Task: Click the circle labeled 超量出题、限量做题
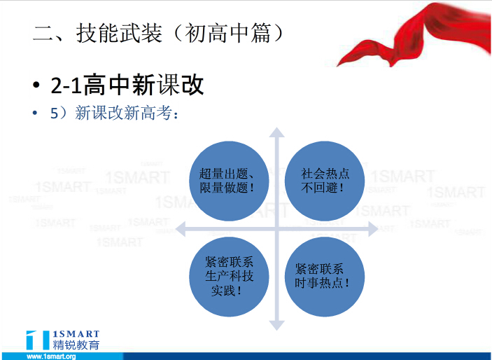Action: [x=229, y=181]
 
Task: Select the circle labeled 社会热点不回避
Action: [x=325, y=181]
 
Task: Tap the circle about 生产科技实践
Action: [x=229, y=277]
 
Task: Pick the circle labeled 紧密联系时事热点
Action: [x=325, y=277]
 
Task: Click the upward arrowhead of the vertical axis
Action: [x=276, y=132]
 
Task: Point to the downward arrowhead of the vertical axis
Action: [x=276, y=326]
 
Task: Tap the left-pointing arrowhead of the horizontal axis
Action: [x=181, y=229]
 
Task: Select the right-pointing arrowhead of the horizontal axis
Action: [x=373, y=229]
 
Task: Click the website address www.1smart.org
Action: [x=52, y=356]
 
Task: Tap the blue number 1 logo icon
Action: [x=38, y=340]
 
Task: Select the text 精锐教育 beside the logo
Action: [x=76, y=345]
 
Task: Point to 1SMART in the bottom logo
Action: [x=76, y=334]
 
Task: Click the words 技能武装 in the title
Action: [x=119, y=33]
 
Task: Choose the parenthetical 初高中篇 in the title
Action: [x=227, y=33]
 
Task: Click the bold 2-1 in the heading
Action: [x=66, y=85]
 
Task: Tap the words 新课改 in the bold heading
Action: [x=168, y=85]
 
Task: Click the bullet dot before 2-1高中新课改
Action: [x=36, y=85]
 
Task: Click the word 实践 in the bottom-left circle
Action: [x=223, y=291]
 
